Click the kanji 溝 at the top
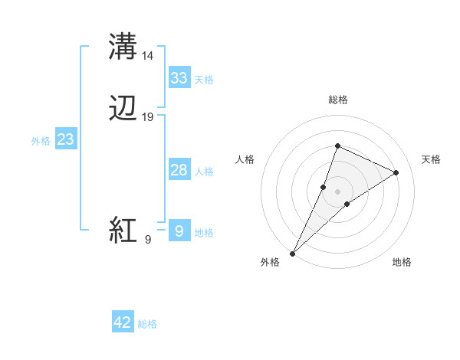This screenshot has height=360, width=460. [123, 47]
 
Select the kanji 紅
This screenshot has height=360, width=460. [123, 230]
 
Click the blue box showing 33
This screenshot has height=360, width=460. [179, 78]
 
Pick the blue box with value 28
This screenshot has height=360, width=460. [179, 170]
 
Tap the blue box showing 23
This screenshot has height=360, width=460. [65, 139]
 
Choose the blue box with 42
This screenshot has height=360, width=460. [123, 322]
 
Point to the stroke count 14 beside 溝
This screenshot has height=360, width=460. [148, 55]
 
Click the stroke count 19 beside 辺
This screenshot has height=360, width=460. [148, 117]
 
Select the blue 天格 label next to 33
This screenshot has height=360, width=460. [204, 80]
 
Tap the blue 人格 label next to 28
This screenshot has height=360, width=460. [204, 172]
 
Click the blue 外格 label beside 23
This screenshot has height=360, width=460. [41, 141]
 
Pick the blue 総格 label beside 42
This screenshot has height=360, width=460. [147, 324]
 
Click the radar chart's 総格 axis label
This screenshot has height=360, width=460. [337, 100]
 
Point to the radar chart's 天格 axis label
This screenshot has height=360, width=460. [431, 159]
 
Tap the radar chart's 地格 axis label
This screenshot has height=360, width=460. [402, 262]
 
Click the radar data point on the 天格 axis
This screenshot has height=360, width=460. [396, 172]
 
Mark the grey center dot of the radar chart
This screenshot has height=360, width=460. [337, 191]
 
